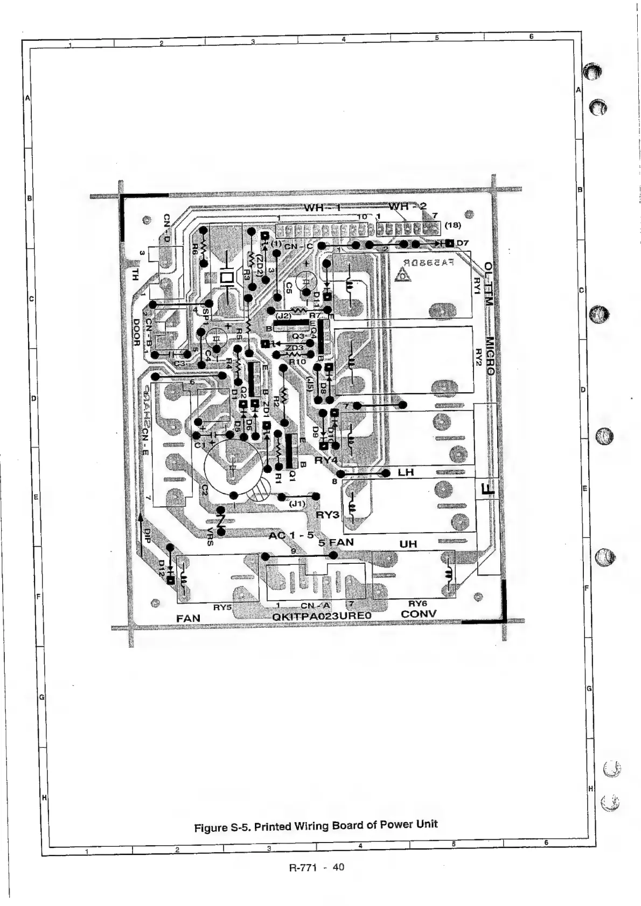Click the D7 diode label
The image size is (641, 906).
pos(463,243)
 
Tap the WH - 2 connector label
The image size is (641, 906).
pos(408,207)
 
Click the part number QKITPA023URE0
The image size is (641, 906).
pos(323,617)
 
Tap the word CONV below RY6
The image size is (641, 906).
pos(419,614)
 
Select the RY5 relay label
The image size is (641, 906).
pos(222,607)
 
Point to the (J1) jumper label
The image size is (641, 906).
pos(297,504)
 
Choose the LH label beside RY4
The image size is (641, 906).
pos(406,472)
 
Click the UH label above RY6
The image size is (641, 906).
pos(408,544)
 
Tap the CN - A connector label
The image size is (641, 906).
pos(316,606)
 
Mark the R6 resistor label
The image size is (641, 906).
pos(194,250)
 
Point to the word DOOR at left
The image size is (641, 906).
pos(136,333)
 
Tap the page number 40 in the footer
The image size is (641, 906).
pos(338,867)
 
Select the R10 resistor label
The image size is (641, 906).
pos(297,362)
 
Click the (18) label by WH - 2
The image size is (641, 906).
pos(451,225)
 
